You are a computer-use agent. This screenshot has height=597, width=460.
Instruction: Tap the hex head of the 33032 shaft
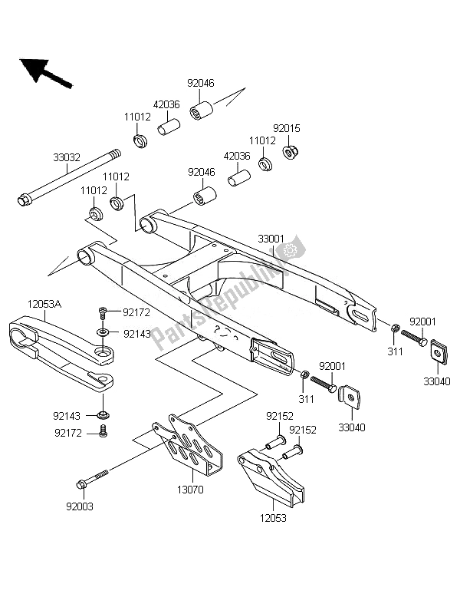coord(23,202)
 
